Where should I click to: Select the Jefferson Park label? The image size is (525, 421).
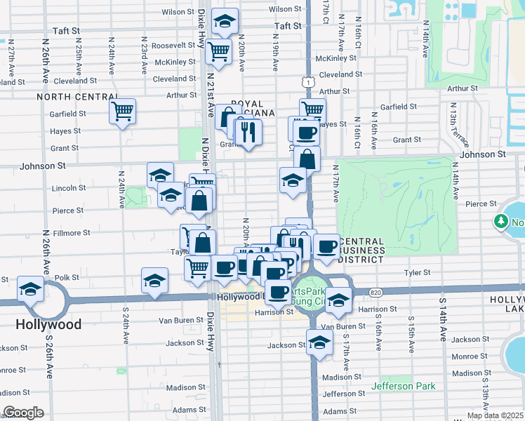click(404, 386)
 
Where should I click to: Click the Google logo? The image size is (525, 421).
click(23, 413)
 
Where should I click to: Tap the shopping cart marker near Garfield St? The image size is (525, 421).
click(123, 110)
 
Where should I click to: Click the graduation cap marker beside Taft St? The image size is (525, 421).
click(225, 22)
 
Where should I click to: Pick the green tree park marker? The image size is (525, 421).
click(501, 222)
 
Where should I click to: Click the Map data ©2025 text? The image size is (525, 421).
click(494, 415)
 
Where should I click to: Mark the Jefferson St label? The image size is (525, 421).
click(340, 394)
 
